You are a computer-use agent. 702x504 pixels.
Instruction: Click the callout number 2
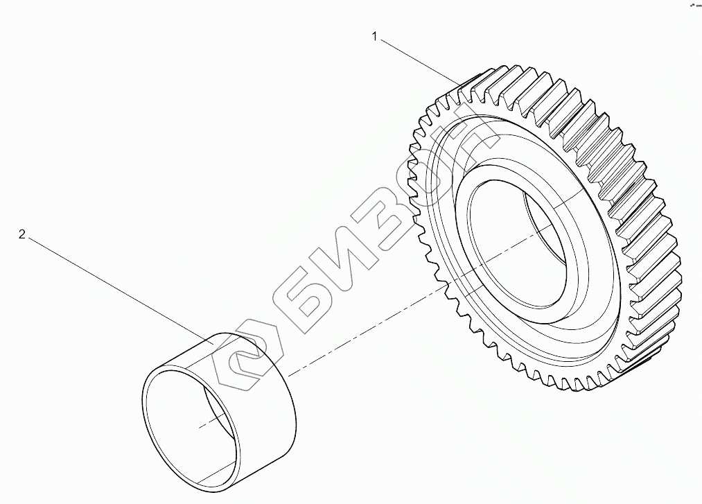[x=22, y=235]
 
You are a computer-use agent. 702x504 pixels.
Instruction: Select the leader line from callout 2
[x=118, y=288]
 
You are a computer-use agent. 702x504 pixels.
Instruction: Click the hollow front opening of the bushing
[x=187, y=423]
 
